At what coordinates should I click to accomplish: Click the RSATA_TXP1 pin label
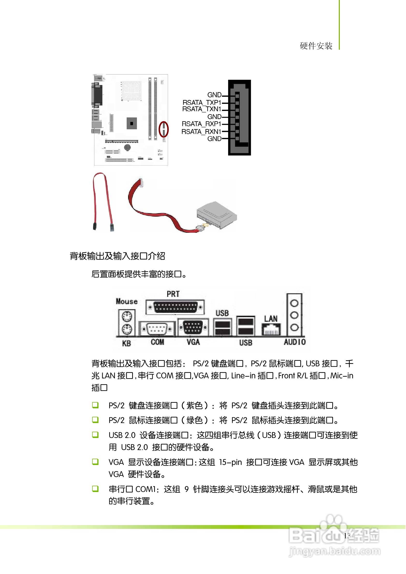(202, 102)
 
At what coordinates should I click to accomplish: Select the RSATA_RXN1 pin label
(201, 131)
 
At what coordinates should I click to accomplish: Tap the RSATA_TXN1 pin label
(202, 109)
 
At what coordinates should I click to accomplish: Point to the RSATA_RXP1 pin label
(201, 124)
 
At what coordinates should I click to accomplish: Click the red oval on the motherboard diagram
(164, 129)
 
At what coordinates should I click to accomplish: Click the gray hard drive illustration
(217, 214)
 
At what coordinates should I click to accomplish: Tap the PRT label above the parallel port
(173, 294)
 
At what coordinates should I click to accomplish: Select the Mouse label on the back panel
(126, 301)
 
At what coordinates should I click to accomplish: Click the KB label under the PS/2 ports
(126, 343)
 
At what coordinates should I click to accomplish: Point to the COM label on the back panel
(157, 342)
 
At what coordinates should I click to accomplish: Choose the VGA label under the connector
(193, 342)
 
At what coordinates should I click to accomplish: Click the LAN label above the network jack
(271, 319)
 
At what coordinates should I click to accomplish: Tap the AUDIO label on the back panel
(295, 342)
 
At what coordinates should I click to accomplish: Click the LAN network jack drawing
(271, 330)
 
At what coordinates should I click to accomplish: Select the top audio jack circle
(294, 303)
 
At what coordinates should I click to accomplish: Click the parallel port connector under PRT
(175, 307)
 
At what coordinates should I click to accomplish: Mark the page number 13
(347, 535)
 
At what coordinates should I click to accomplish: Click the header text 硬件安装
(316, 46)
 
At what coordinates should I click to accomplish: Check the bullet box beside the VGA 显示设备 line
(95, 462)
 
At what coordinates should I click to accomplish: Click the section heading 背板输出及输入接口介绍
(117, 256)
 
